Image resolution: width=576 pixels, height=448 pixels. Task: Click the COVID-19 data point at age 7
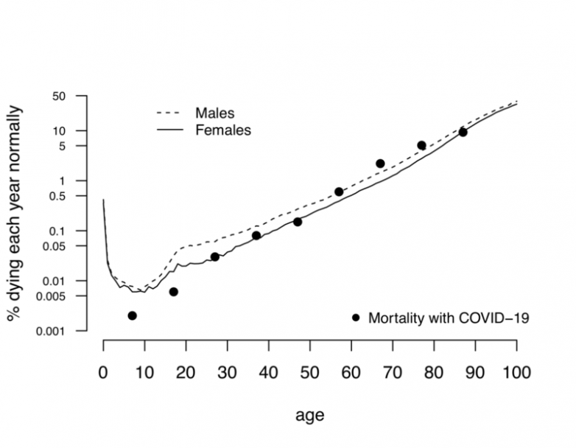(133, 315)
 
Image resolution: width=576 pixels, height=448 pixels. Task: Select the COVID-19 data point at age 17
(174, 292)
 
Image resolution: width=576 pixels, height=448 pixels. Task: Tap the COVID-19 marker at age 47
(298, 222)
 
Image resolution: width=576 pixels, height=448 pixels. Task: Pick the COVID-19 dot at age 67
(380, 164)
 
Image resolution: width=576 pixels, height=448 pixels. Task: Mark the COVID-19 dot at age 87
(463, 132)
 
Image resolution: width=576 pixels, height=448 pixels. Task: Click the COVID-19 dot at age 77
(421, 146)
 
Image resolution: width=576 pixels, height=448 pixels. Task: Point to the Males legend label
(214, 113)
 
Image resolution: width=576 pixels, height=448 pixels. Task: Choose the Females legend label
(223, 130)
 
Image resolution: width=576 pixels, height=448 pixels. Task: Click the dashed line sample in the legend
(169, 114)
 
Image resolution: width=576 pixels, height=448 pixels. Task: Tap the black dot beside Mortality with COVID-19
(356, 318)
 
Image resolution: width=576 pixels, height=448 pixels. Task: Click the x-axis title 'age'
(310, 415)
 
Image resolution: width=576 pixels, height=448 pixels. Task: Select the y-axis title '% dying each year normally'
(15, 214)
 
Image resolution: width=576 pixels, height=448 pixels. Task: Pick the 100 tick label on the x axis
(516, 372)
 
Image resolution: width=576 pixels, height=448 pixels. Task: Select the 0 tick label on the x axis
(103, 372)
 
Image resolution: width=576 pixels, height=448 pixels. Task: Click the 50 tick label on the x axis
(309, 372)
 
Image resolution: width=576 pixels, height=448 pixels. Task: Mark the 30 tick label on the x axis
(227, 372)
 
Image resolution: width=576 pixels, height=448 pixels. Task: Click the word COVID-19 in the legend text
(496, 318)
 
